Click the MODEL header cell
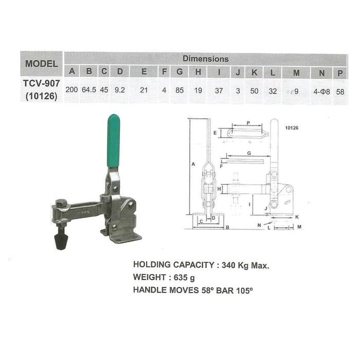pos(41,64)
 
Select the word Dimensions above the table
pos(205,59)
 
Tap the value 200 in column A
pos(72,90)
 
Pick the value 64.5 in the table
pos(89,90)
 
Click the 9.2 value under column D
pos(120,90)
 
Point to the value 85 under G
pos(179,90)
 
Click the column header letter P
pos(340,73)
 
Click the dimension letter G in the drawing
pos(248,153)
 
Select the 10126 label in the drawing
pos(292,127)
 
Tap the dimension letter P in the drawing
pos(247,123)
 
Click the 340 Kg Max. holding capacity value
pos(245,265)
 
